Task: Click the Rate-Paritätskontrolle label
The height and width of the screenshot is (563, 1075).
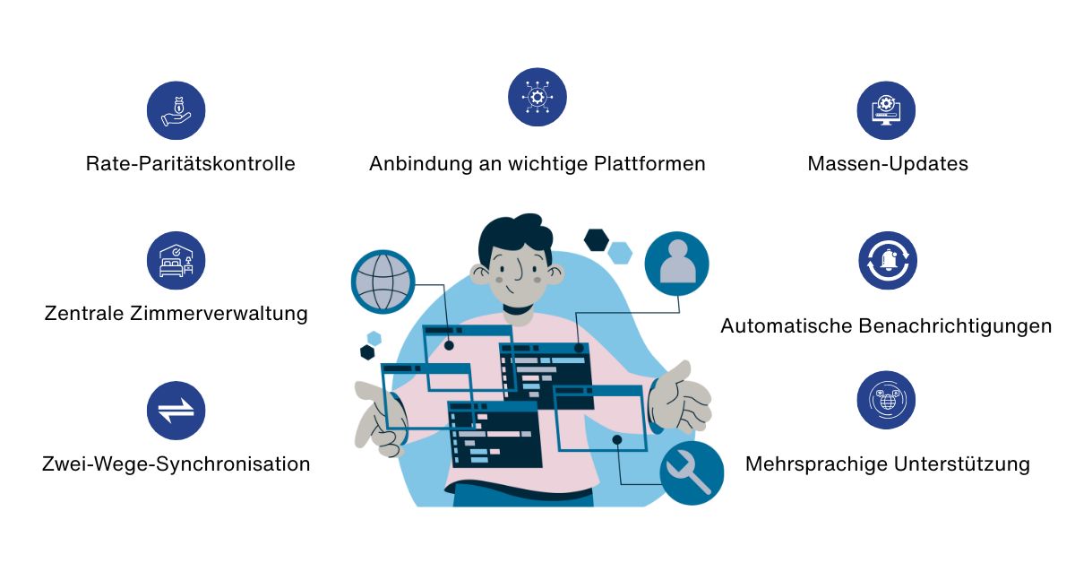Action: click(x=191, y=164)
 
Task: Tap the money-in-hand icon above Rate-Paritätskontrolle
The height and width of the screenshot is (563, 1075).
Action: click(x=176, y=111)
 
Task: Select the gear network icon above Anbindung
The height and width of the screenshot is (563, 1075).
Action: click(x=537, y=97)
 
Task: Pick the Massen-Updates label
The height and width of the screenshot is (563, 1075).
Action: click(x=888, y=164)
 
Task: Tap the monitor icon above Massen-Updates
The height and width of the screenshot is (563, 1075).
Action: click(x=887, y=111)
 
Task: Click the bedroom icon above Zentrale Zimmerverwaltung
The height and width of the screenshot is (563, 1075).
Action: click(x=176, y=261)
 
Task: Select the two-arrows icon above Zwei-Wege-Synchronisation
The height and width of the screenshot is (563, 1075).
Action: click(x=176, y=411)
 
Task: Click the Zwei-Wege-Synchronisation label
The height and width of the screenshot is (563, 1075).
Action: click(x=176, y=464)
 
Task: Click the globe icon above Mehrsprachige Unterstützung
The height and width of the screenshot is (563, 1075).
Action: click(x=887, y=400)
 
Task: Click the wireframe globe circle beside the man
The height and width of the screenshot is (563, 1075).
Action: click(x=383, y=281)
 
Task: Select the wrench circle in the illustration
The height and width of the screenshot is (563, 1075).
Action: click(x=691, y=472)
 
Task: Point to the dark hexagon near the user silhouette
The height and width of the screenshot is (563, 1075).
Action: click(x=596, y=239)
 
